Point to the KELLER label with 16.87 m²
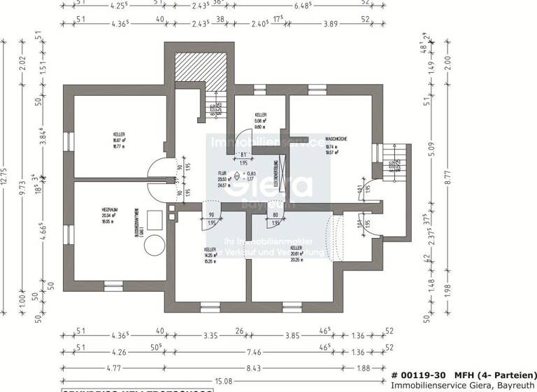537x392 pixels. click(x=118, y=134)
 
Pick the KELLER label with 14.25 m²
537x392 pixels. click(x=209, y=250)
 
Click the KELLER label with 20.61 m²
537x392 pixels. click(x=296, y=248)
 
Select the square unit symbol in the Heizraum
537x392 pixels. click(x=156, y=222)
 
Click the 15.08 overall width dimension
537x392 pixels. click(x=224, y=380)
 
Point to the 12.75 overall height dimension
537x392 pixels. click(x=6, y=178)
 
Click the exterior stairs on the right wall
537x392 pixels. click(x=394, y=160)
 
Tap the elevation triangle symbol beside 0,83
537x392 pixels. click(x=237, y=176)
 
